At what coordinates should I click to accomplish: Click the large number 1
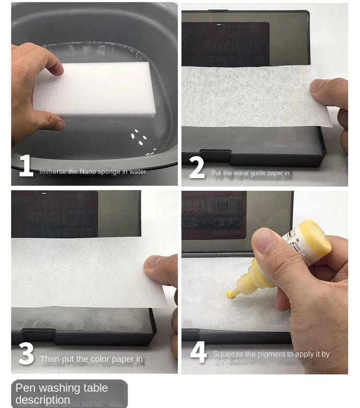(x=26, y=166)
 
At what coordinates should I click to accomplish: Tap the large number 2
(x=197, y=168)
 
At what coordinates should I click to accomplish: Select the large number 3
(x=26, y=354)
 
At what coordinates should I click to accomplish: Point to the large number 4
(x=198, y=353)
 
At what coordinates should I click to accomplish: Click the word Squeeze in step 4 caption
(x=228, y=354)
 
